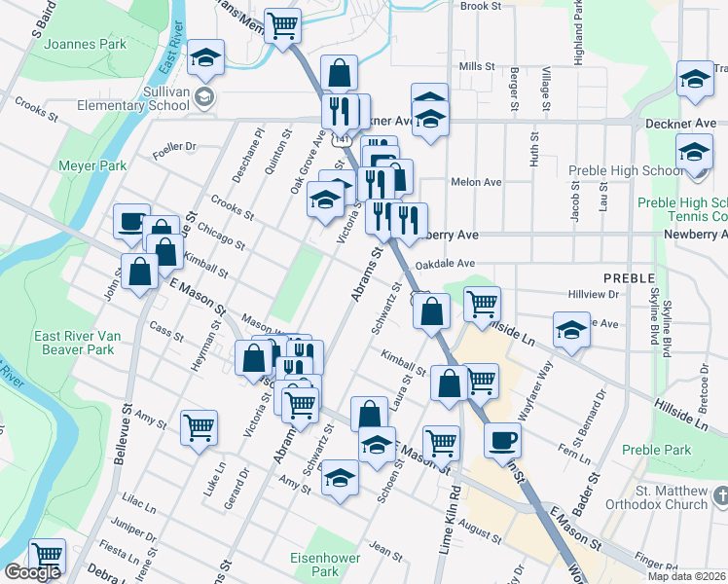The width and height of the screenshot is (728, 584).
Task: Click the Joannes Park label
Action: click(x=86, y=44)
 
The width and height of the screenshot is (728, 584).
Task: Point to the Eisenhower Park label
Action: click(x=326, y=565)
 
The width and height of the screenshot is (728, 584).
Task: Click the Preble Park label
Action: click(x=656, y=450)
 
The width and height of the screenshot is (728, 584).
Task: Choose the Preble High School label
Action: click(x=623, y=171)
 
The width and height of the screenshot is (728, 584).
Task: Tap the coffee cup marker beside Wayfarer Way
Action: click(x=502, y=439)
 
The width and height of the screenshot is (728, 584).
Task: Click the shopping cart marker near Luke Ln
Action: click(x=199, y=425)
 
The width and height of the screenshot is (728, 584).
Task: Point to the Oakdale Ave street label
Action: click(x=444, y=264)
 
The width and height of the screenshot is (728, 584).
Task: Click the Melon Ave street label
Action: click(x=476, y=182)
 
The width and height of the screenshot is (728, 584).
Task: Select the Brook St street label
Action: click(x=480, y=6)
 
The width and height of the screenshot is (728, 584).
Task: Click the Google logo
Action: click(x=32, y=572)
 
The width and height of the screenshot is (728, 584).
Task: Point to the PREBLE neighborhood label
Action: click(x=628, y=278)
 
